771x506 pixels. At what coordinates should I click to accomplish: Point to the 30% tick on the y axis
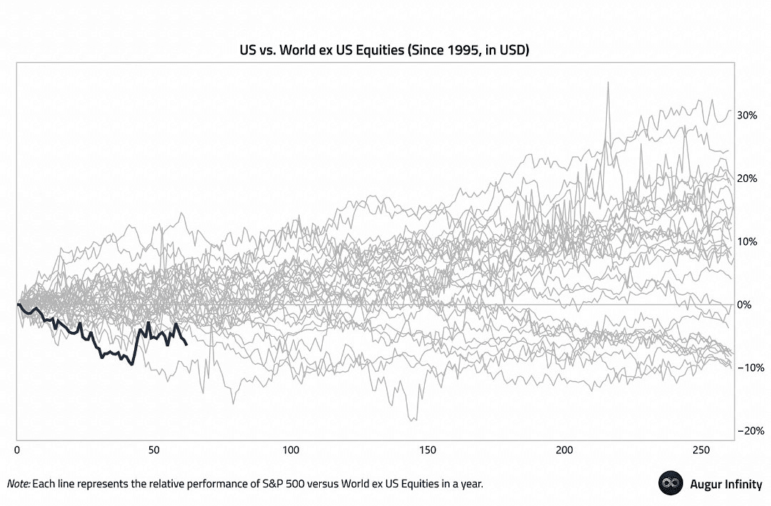tap(747, 115)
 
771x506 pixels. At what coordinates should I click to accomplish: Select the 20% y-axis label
tap(747, 178)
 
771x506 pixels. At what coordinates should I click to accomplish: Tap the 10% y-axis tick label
tap(747, 241)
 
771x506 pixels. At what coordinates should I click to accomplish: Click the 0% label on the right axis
tap(745, 305)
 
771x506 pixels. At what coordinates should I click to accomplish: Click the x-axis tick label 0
tap(16, 450)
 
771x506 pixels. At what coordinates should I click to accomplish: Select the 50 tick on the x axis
tap(153, 450)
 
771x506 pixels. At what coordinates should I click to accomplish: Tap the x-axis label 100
tap(290, 450)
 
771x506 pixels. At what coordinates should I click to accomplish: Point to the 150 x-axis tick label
tap(427, 450)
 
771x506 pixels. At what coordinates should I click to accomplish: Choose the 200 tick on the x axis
tap(564, 450)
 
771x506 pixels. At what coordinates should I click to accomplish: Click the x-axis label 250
tap(701, 450)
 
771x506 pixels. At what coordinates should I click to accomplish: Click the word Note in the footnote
tap(18, 484)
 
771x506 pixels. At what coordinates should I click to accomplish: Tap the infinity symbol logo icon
tap(671, 483)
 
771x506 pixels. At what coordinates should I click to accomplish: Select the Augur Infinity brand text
tap(725, 484)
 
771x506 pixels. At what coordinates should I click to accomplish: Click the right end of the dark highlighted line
tap(186, 345)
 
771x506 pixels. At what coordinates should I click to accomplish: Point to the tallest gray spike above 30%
tap(608, 83)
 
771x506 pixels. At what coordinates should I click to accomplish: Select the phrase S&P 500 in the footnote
tap(266, 484)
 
